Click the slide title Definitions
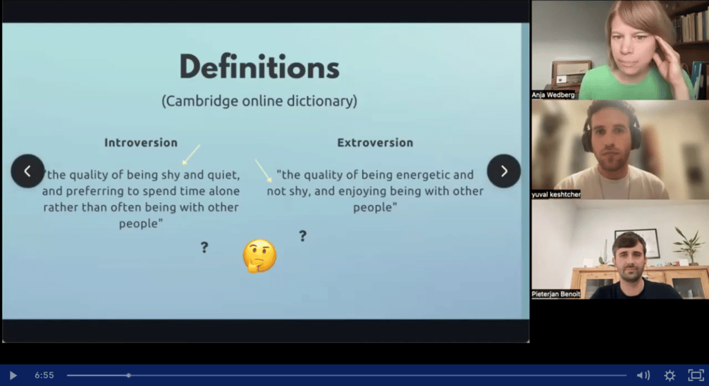point(259,67)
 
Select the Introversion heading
point(141,143)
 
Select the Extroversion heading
point(375,143)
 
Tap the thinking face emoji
point(260,256)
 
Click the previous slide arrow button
point(28,172)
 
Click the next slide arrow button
point(504,172)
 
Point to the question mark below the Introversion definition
point(204,247)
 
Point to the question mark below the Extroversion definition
point(303,235)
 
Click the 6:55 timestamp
point(44,375)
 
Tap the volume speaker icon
point(643,375)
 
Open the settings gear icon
point(670,375)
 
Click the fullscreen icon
point(696,375)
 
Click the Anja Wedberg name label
point(553,95)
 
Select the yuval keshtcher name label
point(556,194)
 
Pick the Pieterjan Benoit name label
point(556,294)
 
